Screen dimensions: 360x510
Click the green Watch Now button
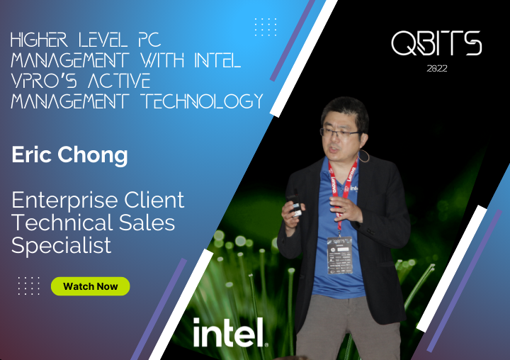point(90,286)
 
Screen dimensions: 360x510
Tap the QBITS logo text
point(436,44)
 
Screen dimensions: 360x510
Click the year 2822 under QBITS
point(437,69)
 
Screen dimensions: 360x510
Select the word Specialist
point(62,246)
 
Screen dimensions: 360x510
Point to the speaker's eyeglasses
point(340,131)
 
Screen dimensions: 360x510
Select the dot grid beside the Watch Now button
point(29,286)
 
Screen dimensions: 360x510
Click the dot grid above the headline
point(265,26)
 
